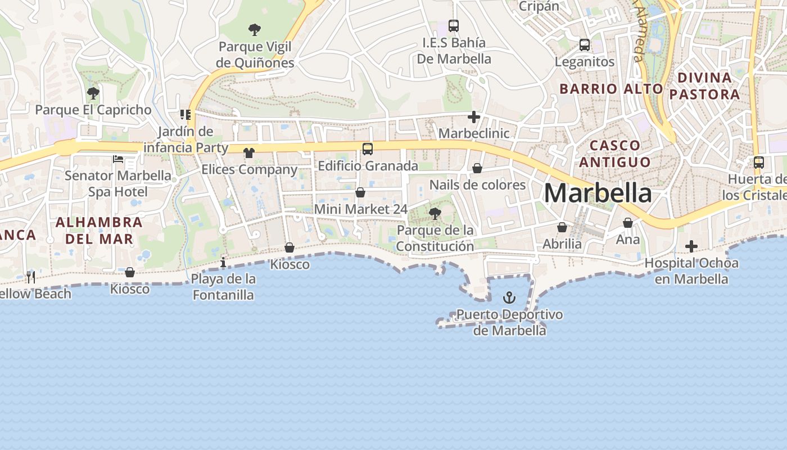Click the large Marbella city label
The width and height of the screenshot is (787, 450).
598,193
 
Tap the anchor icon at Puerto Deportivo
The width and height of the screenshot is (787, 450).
509,297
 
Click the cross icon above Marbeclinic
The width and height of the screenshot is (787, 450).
474,117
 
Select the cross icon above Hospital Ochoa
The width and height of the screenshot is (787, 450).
691,246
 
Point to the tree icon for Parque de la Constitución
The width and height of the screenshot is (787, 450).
435,213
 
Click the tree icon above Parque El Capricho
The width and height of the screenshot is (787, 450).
93,93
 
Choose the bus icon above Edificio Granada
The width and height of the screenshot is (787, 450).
368,148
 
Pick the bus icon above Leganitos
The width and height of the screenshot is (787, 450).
585,44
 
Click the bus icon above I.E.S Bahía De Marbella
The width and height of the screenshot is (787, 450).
454,26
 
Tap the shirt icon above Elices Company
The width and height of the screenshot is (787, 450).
249,152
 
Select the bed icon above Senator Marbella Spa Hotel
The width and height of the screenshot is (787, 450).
118,159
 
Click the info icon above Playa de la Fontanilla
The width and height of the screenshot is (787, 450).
223,262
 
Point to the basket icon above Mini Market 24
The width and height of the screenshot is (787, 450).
360,192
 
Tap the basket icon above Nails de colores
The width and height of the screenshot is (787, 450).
477,168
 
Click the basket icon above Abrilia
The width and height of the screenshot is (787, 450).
562,227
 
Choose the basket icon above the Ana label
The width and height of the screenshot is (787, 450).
628,223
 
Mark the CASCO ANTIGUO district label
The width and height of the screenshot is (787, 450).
615,154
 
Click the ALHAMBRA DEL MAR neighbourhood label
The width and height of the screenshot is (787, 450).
99,230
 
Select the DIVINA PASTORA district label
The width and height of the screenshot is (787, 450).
704,85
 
